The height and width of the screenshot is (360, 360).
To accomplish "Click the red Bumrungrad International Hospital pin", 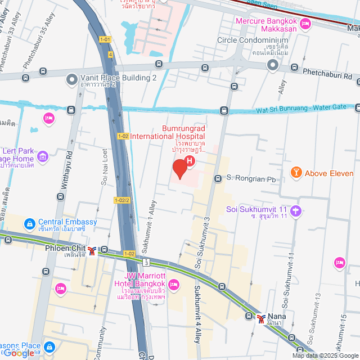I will pyautogui.click(x=179, y=168).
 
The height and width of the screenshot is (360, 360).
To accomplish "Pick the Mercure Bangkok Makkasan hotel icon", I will pyautogui.click(x=306, y=24).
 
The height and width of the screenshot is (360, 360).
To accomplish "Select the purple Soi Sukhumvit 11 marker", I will pyautogui.click(x=296, y=211).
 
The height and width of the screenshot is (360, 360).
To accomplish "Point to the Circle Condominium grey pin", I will pyautogui.click(x=273, y=66).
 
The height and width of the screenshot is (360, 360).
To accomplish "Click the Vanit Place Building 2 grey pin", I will pyautogui.click(x=71, y=80).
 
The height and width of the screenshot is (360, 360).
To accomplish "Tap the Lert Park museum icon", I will pyautogui.click(x=43, y=154).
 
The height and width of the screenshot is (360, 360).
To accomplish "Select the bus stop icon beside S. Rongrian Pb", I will pyautogui.click(x=218, y=179).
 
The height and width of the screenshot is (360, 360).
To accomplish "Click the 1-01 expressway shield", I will pyautogui.click(x=105, y=39).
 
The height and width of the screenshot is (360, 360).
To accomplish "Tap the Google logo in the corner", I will pyautogui.click(x=20, y=353).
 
